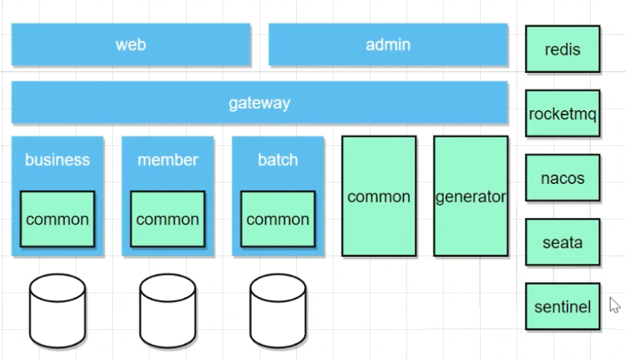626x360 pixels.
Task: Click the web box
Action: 131,44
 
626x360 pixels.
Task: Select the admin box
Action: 388,44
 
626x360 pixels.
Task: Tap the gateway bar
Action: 259,102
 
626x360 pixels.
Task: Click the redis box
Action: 562,49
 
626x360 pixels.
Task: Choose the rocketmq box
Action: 562,113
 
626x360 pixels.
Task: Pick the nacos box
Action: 562,177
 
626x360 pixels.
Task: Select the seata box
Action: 562,242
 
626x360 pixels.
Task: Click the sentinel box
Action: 562,306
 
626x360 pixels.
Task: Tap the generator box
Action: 471,196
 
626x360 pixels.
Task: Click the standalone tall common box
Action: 378,196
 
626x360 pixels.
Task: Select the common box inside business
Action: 57,219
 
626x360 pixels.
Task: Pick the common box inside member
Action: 167,219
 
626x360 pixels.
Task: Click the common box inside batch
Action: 278,219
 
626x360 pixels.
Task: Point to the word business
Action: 57,160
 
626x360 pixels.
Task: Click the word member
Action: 167,160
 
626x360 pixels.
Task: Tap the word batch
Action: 278,160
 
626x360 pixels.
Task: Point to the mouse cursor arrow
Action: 614,305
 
